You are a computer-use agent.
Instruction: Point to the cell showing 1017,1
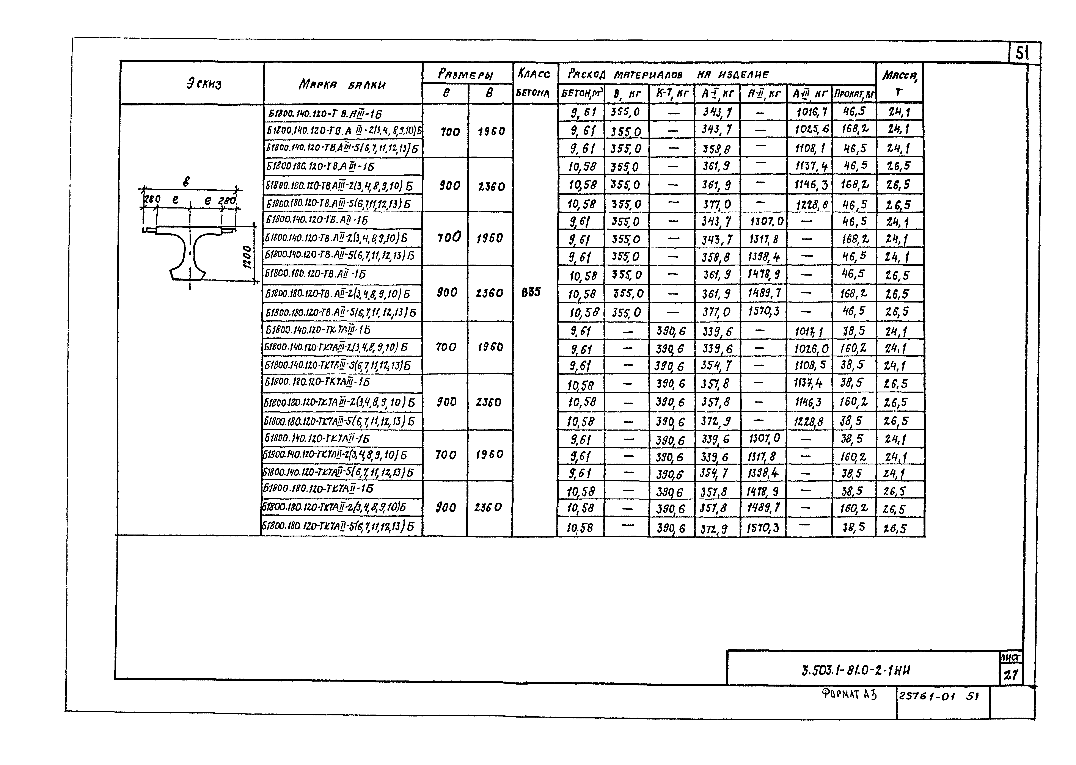point(808,331)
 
